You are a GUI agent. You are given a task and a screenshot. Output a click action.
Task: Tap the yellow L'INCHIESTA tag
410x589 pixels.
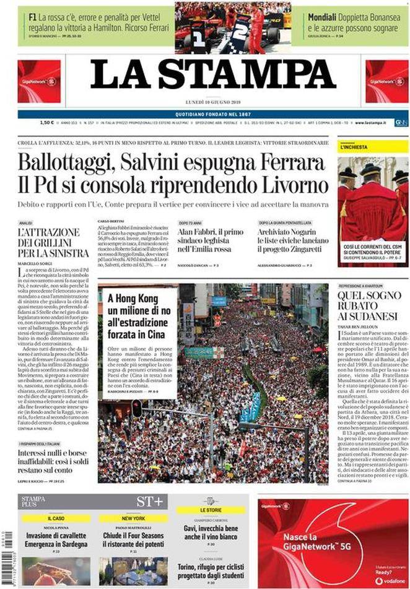tap(354, 147)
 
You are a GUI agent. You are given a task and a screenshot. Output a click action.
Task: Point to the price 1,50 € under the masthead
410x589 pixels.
tap(28, 123)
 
